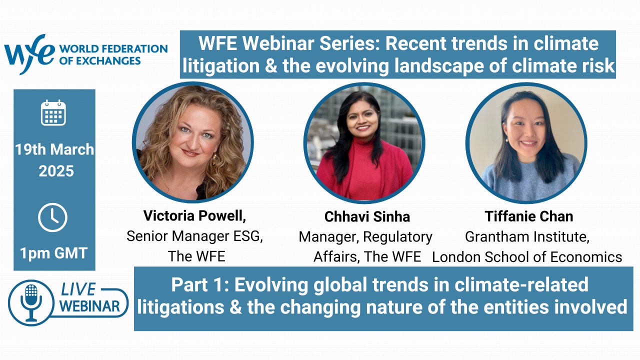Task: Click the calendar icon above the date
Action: click(53, 112)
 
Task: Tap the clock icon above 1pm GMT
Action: click(52, 217)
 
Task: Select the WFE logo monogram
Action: click(28, 54)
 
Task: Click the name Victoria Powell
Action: click(194, 215)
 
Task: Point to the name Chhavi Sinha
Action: click(367, 216)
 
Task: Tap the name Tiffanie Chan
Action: click(529, 216)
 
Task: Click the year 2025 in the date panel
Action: click(56, 171)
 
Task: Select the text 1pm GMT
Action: click(53, 253)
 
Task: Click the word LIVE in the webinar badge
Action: click(78, 289)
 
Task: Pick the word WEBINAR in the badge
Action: click(89, 306)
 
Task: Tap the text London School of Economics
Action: click(527, 257)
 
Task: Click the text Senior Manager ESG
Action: click(194, 236)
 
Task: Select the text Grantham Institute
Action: click(527, 237)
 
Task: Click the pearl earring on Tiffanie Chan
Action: click(507, 140)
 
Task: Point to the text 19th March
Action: click(54, 149)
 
